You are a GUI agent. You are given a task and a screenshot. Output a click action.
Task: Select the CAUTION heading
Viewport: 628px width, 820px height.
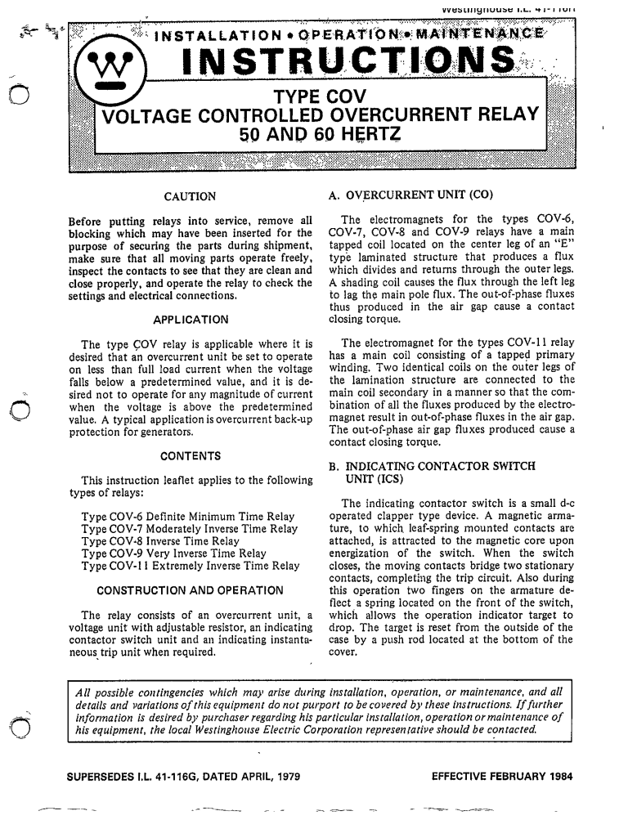click(190, 196)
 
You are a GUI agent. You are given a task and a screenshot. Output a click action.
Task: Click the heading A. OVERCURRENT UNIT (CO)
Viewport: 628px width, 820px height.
click(403, 196)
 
